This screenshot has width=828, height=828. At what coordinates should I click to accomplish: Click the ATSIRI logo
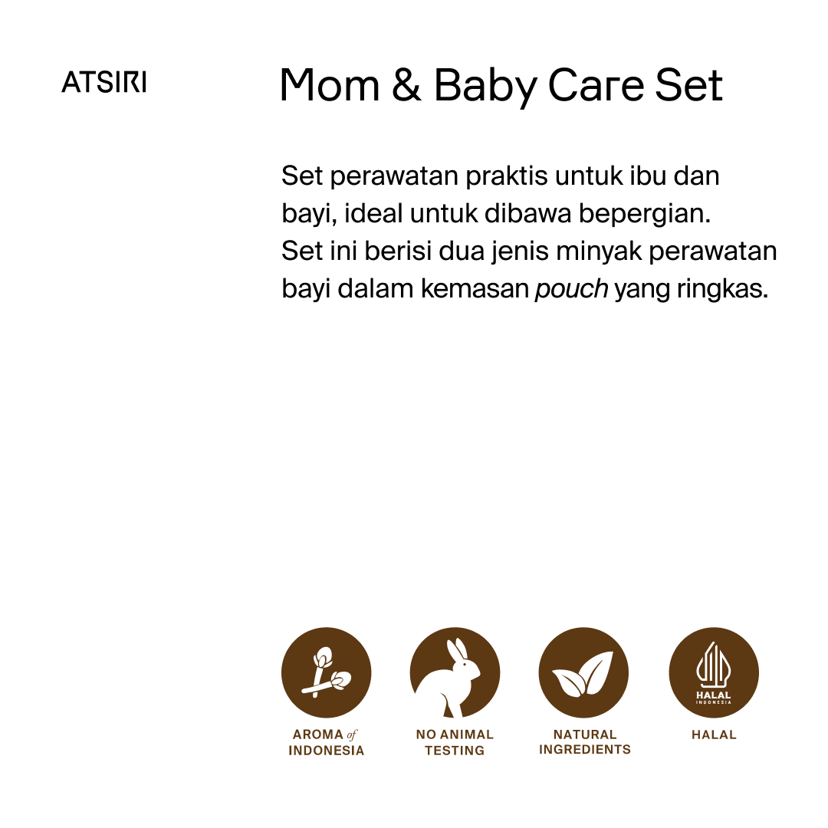(103, 82)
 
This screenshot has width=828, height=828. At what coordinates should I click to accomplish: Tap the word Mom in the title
(330, 86)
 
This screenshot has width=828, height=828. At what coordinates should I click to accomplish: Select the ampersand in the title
(406, 86)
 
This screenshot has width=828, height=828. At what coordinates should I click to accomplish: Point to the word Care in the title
(595, 86)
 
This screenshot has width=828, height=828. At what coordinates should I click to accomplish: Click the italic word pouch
(571, 290)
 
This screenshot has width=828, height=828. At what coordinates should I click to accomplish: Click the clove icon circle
(326, 672)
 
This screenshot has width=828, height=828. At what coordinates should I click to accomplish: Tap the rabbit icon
(455, 672)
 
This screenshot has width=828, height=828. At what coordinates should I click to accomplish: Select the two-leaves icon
(583, 672)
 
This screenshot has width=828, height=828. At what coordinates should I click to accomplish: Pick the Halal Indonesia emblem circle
(714, 672)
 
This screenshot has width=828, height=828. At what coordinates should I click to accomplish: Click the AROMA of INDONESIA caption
(326, 742)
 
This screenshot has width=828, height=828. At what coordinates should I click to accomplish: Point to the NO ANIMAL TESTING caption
(455, 742)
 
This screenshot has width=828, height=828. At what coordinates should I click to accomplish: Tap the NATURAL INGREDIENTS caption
(584, 742)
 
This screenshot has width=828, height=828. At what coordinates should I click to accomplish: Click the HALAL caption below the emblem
(714, 734)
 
